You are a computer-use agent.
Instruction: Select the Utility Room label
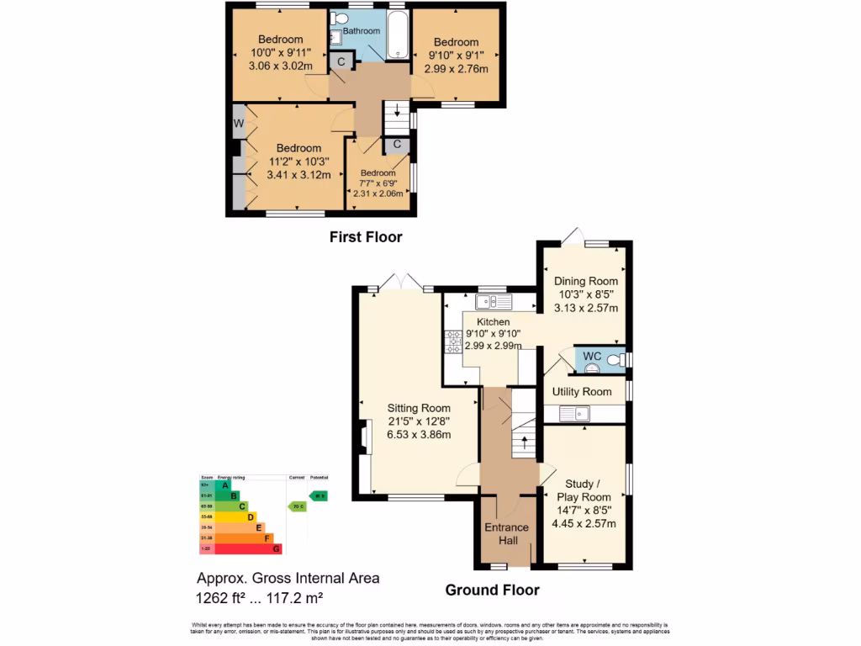(581, 392)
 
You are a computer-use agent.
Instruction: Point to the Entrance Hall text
(506, 534)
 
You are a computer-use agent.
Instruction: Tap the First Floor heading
(365, 237)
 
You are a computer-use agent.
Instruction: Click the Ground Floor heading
(492, 590)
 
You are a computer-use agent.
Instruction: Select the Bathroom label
(361, 31)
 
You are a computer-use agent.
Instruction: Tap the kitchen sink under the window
(489, 301)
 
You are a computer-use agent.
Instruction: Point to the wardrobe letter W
(239, 125)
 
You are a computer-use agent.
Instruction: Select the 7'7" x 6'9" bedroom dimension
(378, 183)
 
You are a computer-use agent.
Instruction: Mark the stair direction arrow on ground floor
(526, 441)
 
